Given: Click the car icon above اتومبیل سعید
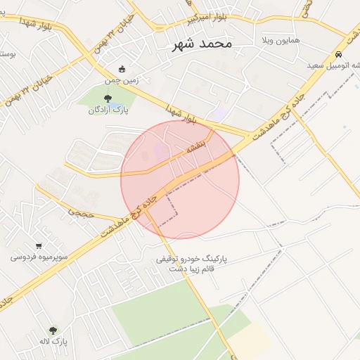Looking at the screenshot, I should [339, 54].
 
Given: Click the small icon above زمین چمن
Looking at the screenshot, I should [122, 69].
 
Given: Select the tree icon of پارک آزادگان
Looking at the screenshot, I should [107, 98].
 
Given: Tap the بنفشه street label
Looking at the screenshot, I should [194, 148].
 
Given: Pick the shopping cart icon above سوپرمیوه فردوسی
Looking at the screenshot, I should [38, 246].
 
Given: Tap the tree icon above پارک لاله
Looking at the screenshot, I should [53, 330].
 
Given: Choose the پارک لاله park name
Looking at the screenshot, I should [53, 341].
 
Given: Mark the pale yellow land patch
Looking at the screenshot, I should [250, 341].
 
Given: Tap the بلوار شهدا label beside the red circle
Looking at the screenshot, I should [181, 116].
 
